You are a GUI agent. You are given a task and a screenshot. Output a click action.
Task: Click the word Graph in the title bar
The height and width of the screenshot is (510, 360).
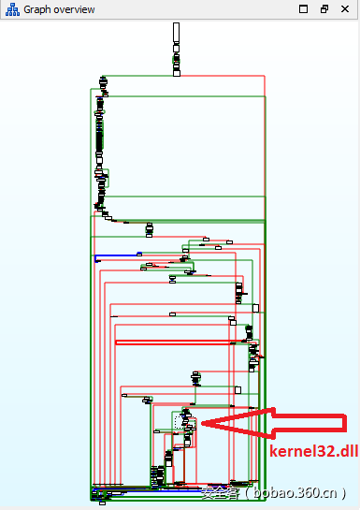coord(37,8)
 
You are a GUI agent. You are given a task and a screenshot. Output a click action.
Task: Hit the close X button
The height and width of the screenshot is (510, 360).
coord(345,8)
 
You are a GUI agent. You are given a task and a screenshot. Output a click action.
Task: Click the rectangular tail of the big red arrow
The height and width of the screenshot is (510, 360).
coord(309,424)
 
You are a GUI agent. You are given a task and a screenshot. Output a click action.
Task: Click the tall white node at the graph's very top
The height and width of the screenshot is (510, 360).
coord(176,33)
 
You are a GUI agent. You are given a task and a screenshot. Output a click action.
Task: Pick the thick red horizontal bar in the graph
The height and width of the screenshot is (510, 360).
coord(173,342)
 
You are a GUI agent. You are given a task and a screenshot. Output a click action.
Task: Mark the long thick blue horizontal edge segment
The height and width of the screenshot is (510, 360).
coord(118,254)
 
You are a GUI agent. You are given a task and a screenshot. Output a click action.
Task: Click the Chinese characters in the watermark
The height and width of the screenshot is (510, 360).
coord(218,492)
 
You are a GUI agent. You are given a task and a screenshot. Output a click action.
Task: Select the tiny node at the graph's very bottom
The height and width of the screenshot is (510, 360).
coord(101,503)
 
